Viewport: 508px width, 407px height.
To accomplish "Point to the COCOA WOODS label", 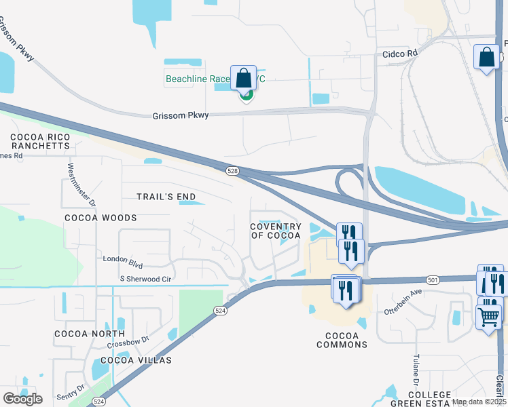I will pos(101,218).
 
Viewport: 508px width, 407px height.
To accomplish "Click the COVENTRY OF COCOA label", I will pos(276,231).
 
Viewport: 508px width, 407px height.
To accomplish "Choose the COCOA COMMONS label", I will pos(342,340).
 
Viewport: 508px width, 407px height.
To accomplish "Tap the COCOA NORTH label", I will pos(90,334).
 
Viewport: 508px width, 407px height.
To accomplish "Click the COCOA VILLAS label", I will pos(136,360).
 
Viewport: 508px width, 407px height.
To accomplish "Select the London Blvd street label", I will pos(123,258).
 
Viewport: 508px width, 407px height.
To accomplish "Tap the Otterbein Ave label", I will pos(403,301).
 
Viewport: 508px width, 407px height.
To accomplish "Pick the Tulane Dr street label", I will pos(415,367).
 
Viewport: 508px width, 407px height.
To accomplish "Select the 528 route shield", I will pos(233,172).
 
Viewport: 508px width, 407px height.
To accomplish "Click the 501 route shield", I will pos(433,279).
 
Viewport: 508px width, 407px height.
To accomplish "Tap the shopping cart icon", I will pos(489,316).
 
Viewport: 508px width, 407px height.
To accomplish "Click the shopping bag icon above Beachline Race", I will pos(244,79).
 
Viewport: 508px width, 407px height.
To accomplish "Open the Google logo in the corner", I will pos(22,399).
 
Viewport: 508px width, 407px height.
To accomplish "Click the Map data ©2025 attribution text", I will pos(479,402).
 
